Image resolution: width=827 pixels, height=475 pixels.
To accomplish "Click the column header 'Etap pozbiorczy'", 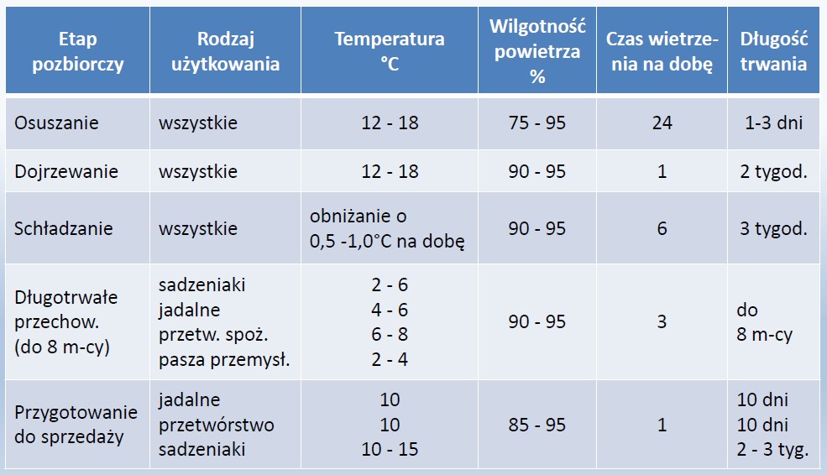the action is (x=77, y=51).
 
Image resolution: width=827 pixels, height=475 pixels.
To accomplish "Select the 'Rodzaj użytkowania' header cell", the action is (x=225, y=51).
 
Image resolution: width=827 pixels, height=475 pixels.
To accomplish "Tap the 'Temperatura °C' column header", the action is (x=390, y=51).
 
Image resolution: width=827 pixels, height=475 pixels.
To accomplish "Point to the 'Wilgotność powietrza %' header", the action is (x=537, y=51).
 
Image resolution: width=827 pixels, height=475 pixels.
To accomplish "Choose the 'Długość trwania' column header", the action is (x=774, y=51).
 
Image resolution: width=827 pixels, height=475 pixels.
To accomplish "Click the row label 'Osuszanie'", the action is (x=56, y=123).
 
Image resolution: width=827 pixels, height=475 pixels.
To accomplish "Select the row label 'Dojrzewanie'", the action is (x=66, y=172).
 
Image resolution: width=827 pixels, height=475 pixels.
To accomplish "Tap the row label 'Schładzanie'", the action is (x=63, y=228).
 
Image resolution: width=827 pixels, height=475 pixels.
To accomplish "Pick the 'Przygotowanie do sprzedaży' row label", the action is (x=76, y=425).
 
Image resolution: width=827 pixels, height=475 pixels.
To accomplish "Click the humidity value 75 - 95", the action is (x=537, y=123).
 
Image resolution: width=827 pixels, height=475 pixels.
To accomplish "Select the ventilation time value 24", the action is (x=662, y=123).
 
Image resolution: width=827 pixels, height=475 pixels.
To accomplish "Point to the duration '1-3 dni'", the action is (x=774, y=123).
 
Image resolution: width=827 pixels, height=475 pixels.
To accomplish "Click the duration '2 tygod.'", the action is (x=774, y=172).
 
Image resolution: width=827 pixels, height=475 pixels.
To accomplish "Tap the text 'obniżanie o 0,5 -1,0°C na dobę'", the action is (x=387, y=228).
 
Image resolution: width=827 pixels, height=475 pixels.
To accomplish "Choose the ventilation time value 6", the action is (x=662, y=228).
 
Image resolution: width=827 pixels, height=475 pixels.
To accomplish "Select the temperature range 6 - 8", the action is (x=390, y=334).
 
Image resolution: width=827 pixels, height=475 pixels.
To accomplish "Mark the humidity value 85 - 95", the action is (x=537, y=425).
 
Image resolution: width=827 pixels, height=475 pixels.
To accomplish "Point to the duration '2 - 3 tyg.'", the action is (x=772, y=450).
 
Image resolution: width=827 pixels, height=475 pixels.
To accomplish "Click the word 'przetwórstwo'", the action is (x=217, y=425).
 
